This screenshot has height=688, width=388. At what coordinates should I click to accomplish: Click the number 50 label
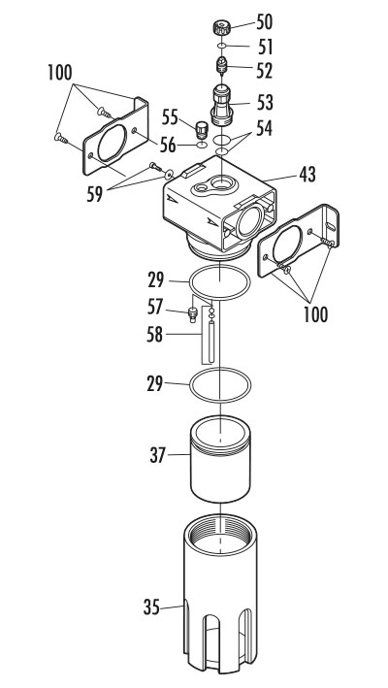265,21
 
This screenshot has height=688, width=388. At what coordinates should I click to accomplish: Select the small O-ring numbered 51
221,47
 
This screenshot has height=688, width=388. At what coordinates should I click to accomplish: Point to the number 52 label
265,70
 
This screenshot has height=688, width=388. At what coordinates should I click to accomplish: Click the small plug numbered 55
202,129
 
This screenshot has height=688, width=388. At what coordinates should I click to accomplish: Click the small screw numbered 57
192,312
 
